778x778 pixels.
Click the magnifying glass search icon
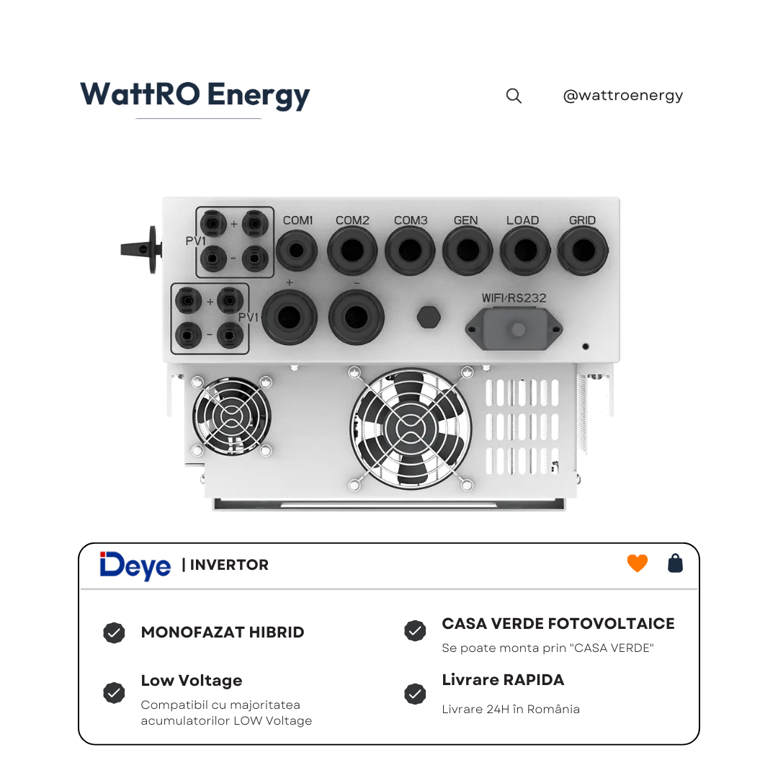coord(514,96)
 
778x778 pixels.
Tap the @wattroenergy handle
coord(622,95)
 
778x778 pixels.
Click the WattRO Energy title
coord(195,95)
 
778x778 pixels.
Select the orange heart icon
coord(637,563)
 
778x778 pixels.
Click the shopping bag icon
coord(675,563)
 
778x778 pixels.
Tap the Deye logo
coord(135,565)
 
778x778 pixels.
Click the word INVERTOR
coord(229,565)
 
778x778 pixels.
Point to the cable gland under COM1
coord(297,251)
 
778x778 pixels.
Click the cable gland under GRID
coord(583,251)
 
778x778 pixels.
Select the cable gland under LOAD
coord(525,251)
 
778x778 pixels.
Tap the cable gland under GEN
coord(468,251)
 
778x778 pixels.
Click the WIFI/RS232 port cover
coord(514,328)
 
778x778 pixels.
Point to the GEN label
coord(466,220)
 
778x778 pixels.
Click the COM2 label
coord(352,220)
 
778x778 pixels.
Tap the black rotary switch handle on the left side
coord(141,249)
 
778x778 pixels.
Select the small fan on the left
coord(232,416)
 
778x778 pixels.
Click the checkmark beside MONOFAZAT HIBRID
coord(114,632)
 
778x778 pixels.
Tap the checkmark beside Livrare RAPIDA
coord(416,694)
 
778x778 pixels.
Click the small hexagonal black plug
coord(429,317)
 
